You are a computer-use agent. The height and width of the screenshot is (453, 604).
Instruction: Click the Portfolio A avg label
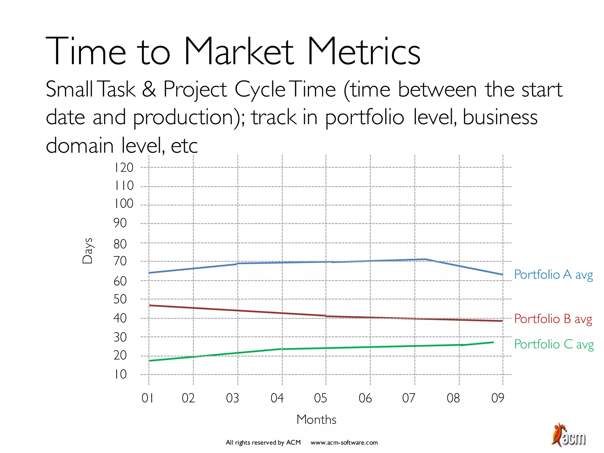coord(553,275)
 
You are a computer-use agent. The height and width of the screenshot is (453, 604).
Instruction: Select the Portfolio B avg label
coord(553,319)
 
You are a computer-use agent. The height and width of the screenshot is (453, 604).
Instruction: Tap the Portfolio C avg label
coord(554,344)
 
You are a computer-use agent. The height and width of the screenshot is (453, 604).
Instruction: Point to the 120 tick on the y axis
coord(124,168)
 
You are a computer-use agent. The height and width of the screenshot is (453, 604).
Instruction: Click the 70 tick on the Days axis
coord(120,261)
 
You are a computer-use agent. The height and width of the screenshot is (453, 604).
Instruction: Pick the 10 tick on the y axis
coord(120,375)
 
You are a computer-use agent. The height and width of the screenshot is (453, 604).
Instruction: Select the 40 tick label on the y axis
coord(120,318)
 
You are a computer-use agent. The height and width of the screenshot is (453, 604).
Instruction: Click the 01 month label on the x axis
coord(147,398)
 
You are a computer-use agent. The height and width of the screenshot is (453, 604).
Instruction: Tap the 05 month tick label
coord(321,398)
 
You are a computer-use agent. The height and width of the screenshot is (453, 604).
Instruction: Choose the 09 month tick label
coord(498,398)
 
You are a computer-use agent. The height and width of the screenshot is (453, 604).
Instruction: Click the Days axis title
coord(88,251)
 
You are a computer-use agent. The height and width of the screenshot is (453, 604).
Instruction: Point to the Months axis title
coord(316,420)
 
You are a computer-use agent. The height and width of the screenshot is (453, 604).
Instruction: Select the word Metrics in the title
coord(364,52)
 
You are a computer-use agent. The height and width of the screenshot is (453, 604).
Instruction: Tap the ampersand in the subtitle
coord(149,89)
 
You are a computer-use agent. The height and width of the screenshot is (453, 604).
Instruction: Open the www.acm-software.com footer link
coord(344,442)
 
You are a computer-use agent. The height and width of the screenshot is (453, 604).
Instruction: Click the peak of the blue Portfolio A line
coord(425,259)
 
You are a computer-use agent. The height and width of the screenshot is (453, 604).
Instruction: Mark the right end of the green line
coord(493,342)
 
